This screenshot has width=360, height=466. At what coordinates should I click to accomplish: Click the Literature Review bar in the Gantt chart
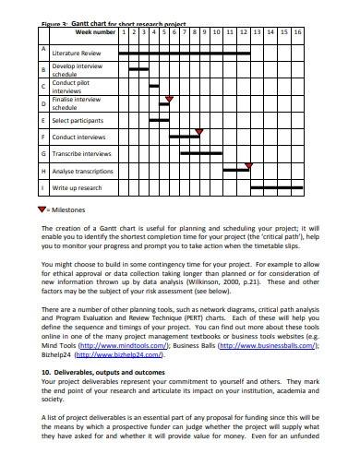click(184, 54)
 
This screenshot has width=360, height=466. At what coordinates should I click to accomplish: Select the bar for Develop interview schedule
click(138, 69)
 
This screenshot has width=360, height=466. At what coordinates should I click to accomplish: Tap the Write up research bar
click(277, 187)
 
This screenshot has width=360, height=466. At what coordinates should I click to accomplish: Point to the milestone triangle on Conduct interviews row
click(199, 132)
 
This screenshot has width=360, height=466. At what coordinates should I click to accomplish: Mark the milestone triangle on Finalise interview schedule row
click(168, 99)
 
